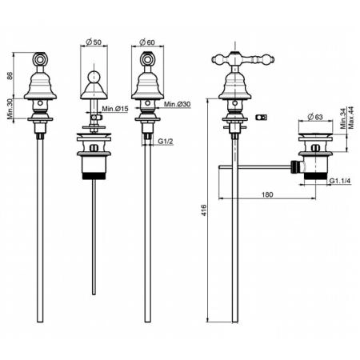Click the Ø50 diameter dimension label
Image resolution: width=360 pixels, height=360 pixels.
click(x=94, y=42)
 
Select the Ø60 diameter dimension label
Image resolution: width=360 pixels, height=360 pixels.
click(x=147, y=42)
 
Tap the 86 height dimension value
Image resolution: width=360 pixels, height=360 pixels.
click(x=10, y=75)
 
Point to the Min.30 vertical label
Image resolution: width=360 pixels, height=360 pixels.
click(x=10, y=109)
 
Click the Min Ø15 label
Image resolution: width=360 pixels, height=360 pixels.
click(x=115, y=109)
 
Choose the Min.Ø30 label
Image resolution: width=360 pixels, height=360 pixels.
click(x=177, y=104)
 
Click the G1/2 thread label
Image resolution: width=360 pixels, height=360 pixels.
click(x=166, y=141)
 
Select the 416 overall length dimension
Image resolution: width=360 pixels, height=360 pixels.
click(x=204, y=210)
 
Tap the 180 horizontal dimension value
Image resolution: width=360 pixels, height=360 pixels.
click(x=267, y=194)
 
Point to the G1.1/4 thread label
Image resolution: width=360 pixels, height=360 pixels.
click(x=340, y=181)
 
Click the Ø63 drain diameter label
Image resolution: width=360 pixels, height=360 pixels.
click(x=315, y=117)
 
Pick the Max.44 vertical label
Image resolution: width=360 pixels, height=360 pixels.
click(x=351, y=118)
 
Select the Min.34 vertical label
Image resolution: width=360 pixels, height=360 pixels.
click(x=343, y=118)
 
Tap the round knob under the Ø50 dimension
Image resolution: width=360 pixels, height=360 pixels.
click(x=94, y=76)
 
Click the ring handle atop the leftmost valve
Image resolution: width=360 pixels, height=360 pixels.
click(x=40, y=58)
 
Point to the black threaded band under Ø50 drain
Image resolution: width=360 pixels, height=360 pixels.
click(x=94, y=176)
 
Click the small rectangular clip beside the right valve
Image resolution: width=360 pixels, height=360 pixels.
click(x=262, y=117)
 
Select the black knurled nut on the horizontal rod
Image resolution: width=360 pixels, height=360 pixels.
click(x=294, y=167)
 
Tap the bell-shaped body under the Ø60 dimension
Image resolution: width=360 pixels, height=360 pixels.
click(x=147, y=86)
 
